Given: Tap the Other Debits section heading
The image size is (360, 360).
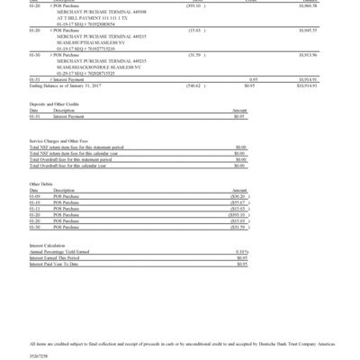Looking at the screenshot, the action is click(x=42, y=183).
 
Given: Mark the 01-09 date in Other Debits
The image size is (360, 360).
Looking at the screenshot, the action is click(x=34, y=195).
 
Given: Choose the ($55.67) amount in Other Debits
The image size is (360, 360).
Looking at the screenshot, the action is click(x=238, y=201).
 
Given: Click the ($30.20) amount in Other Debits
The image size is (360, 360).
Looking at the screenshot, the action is click(x=238, y=195).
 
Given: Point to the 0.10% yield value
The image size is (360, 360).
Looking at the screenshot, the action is click(x=240, y=251).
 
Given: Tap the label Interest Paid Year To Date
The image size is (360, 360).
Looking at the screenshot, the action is click(x=61, y=263).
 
